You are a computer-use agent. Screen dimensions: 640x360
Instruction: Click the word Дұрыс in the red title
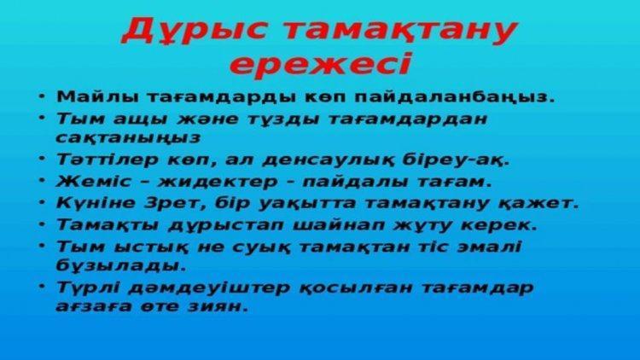tap(195, 32)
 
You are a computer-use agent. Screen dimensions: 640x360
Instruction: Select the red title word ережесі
tap(321, 65)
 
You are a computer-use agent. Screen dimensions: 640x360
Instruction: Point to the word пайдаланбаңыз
tap(454, 98)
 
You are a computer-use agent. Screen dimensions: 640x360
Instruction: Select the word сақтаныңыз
tap(128, 138)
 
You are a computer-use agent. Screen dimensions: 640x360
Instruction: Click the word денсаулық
tap(329, 160)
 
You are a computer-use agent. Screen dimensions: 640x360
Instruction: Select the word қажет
tap(538, 203)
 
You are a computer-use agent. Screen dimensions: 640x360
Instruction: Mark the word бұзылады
tap(121, 265)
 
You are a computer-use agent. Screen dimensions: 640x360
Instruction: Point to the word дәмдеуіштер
tap(208, 287)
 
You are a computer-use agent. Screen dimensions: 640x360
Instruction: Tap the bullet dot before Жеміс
tap(42, 180)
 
